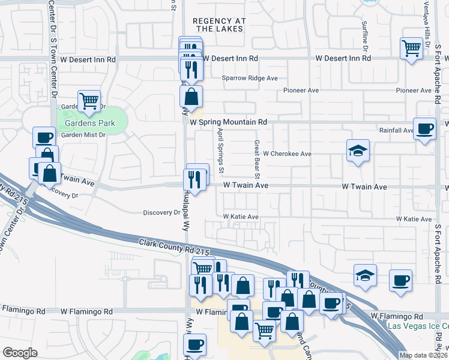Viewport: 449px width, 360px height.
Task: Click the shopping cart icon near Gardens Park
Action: (x=89, y=100)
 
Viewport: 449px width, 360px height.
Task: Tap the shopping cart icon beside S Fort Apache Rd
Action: (x=411, y=47)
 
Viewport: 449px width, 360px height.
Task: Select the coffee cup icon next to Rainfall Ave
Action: (x=425, y=128)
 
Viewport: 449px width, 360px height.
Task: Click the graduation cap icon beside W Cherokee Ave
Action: (x=357, y=151)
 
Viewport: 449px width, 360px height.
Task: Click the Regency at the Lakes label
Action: (x=219, y=25)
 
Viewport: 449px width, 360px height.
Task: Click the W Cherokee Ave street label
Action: (x=287, y=154)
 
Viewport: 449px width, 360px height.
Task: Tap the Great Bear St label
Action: (x=256, y=160)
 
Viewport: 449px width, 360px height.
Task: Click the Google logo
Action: (x=20, y=353)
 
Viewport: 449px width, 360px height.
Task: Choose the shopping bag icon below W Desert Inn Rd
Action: (x=190, y=96)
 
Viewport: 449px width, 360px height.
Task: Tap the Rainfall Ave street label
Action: (x=396, y=130)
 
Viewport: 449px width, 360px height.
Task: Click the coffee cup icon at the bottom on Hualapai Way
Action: (x=194, y=345)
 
